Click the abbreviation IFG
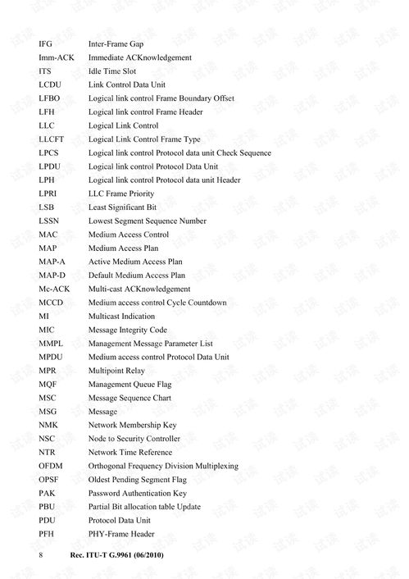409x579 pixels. (45, 43)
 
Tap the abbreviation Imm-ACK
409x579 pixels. (57, 57)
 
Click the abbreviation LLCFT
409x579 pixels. (52, 139)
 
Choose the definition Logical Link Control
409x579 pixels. (123, 125)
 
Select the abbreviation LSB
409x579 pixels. (46, 207)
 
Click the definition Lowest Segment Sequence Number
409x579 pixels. (147, 221)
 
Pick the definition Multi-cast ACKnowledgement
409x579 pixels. (139, 289)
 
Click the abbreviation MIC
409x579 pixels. (46, 330)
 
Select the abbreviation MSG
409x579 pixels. (48, 412)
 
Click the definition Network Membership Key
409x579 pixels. (132, 425)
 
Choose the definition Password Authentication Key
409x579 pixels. (137, 493)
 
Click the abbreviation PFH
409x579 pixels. (46, 534)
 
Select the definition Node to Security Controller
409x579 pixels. (134, 439)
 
